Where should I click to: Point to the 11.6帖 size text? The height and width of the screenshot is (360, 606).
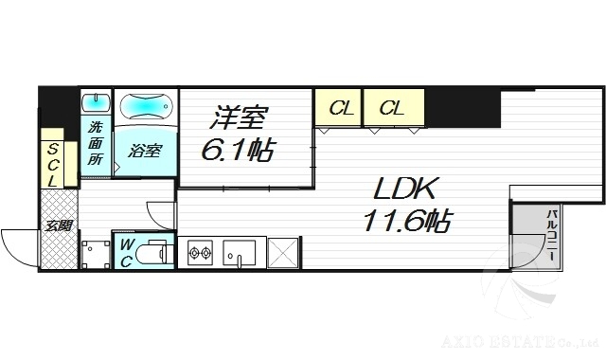(x=405, y=222)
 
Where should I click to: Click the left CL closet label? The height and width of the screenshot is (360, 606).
(x=342, y=109)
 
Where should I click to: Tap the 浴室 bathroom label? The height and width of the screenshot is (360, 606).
(x=145, y=151)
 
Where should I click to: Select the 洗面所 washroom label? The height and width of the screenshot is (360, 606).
(x=96, y=143)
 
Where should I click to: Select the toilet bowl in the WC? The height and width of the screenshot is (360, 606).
(x=155, y=253)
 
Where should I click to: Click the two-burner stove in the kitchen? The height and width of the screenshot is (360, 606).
(x=199, y=253)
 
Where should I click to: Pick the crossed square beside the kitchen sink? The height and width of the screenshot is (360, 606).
(x=283, y=253)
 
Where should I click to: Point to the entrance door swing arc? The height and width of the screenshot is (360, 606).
(x=19, y=244)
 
